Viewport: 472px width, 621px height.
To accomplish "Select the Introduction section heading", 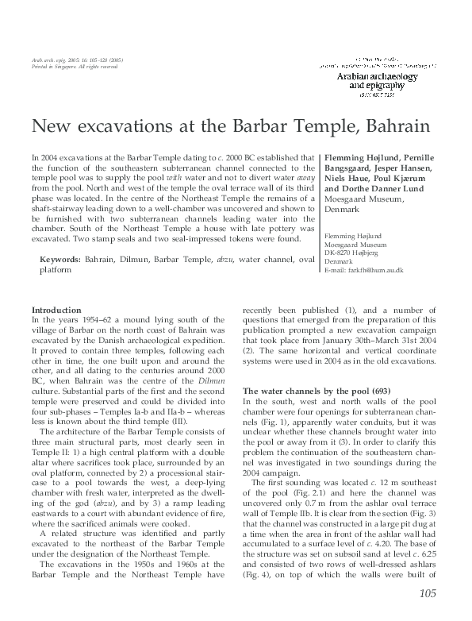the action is click(56, 309).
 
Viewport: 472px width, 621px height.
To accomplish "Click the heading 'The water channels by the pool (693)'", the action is click(305, 391).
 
